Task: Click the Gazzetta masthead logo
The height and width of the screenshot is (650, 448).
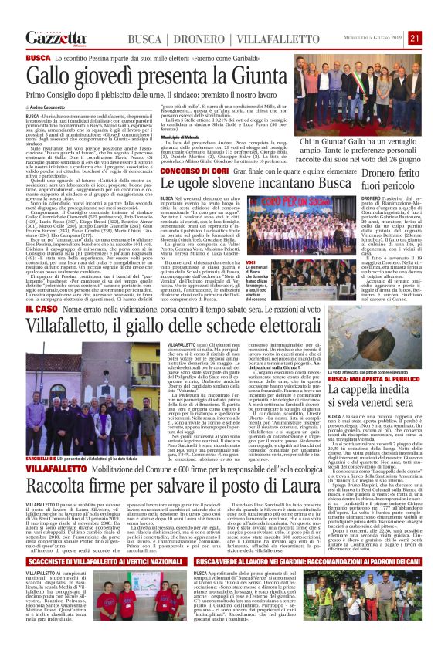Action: click(53, 38)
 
